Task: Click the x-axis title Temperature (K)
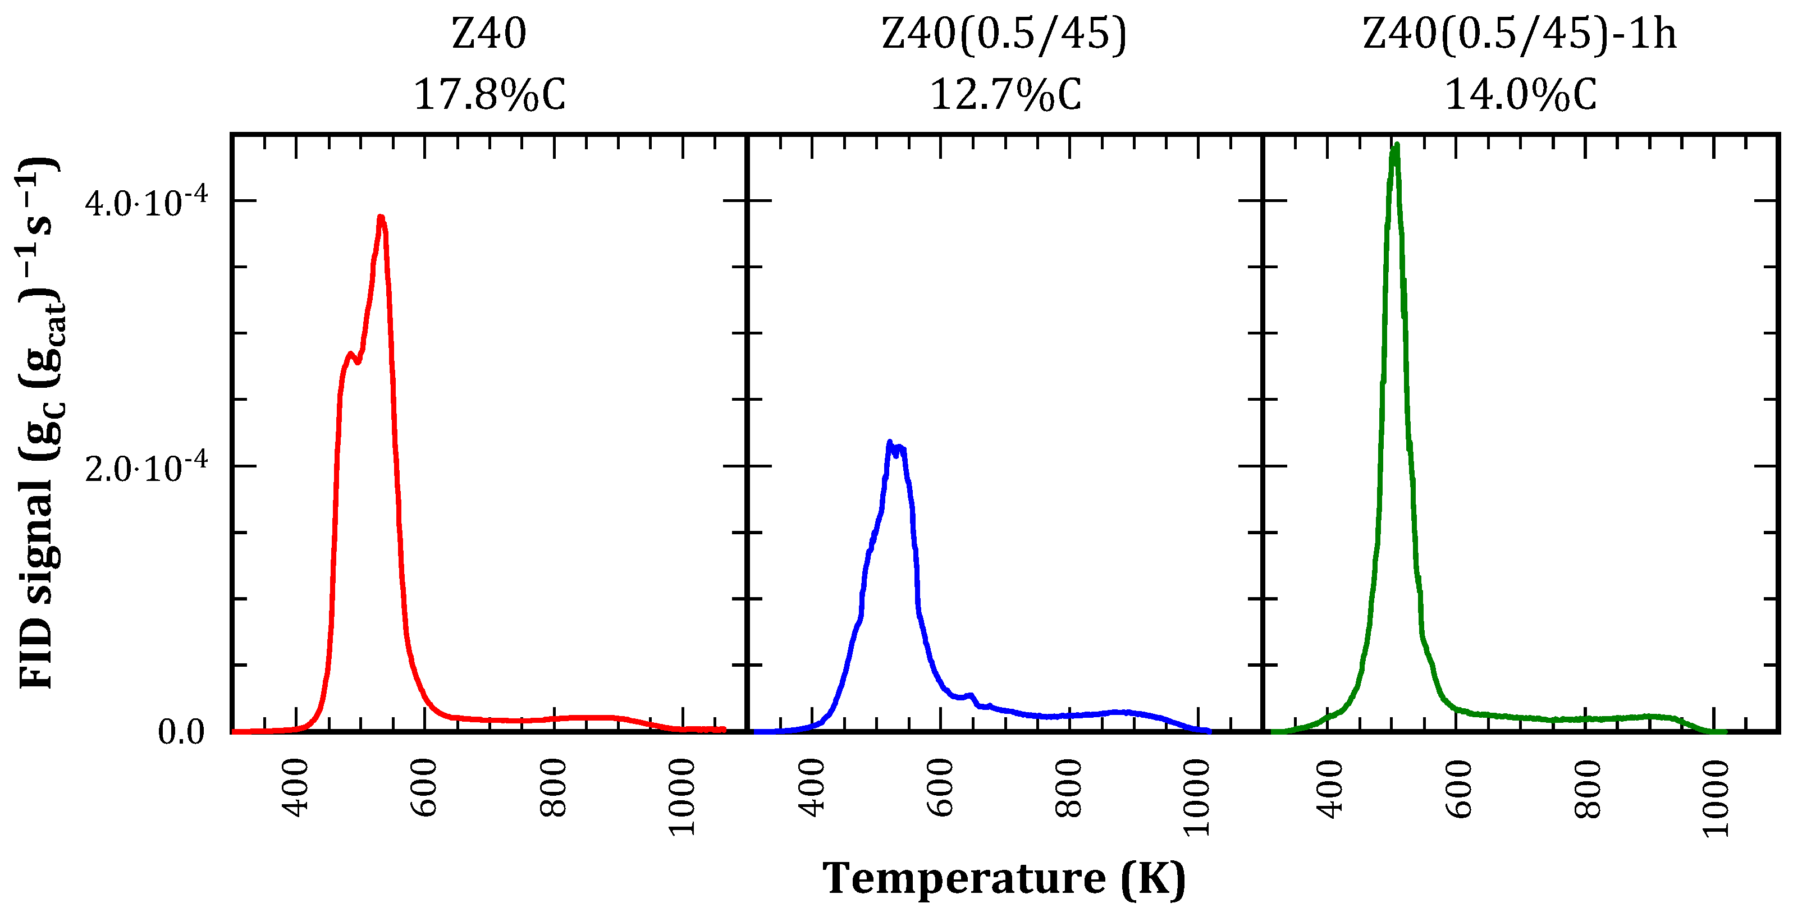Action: point(1004,878)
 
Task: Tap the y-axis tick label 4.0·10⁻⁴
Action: point(146,203)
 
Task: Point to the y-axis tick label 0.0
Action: point(181,731)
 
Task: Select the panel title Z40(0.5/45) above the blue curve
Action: point(1004,34)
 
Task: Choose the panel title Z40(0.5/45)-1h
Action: point(1520,34)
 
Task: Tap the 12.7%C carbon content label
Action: point(1005,95)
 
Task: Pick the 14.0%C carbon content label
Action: point(1521,95)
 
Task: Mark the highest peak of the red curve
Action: point(381,218)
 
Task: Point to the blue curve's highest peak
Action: point(890,442)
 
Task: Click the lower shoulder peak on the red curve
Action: point(350,354)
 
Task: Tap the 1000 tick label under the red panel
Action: point(682,797)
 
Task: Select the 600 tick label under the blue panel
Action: point(940,787)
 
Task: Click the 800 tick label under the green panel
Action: point(1586,787)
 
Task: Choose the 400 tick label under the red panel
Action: point(296,787)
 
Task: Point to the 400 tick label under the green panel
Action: point(1328,787)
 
